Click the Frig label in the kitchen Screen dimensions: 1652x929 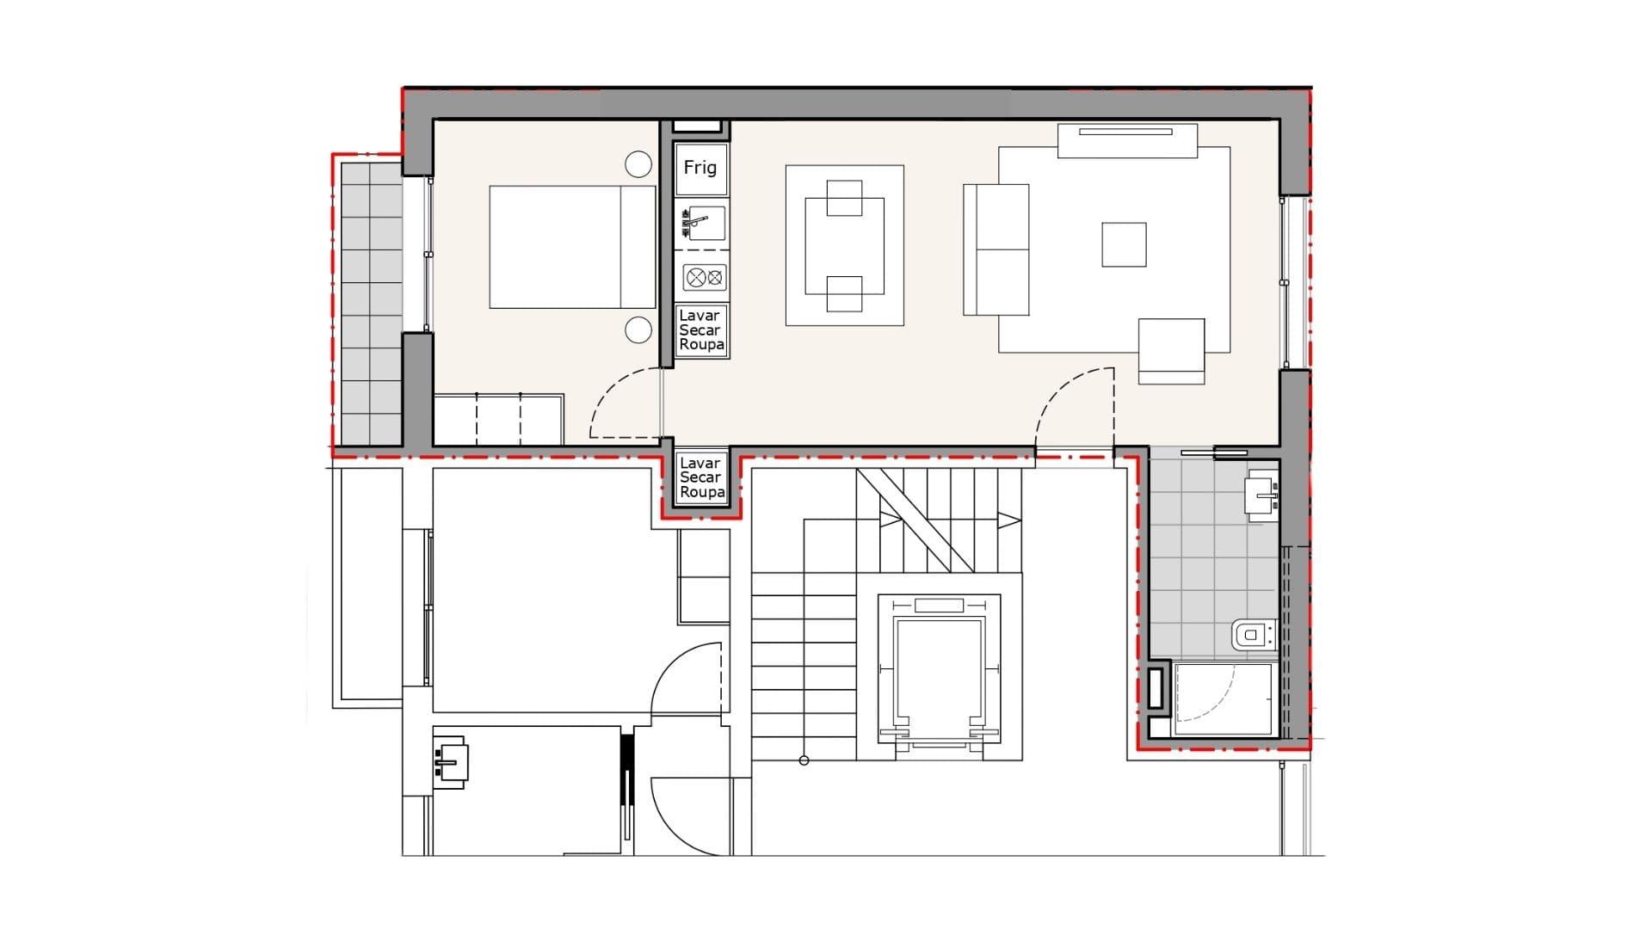(700, 168)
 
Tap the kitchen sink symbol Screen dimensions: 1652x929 (701, 223)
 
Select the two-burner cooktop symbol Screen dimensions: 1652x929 (705, 278)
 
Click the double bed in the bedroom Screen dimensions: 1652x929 (572, 247)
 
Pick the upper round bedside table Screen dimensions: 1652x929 (638, 164)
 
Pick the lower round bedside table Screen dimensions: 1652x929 (638, 329)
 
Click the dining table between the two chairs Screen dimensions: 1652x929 (844, 246)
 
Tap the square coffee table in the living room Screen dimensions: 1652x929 (1124, 244)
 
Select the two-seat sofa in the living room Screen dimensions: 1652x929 (996, 249)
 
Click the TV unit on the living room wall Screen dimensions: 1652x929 (1127, 141)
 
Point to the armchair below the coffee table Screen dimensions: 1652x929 (1171, 351)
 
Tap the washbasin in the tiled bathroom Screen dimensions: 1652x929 (1262, 497)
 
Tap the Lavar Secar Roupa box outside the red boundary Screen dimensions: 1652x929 (700, 477)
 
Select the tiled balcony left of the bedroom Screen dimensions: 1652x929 (372, 302)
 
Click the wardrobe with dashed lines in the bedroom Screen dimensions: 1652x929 (498, 420)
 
